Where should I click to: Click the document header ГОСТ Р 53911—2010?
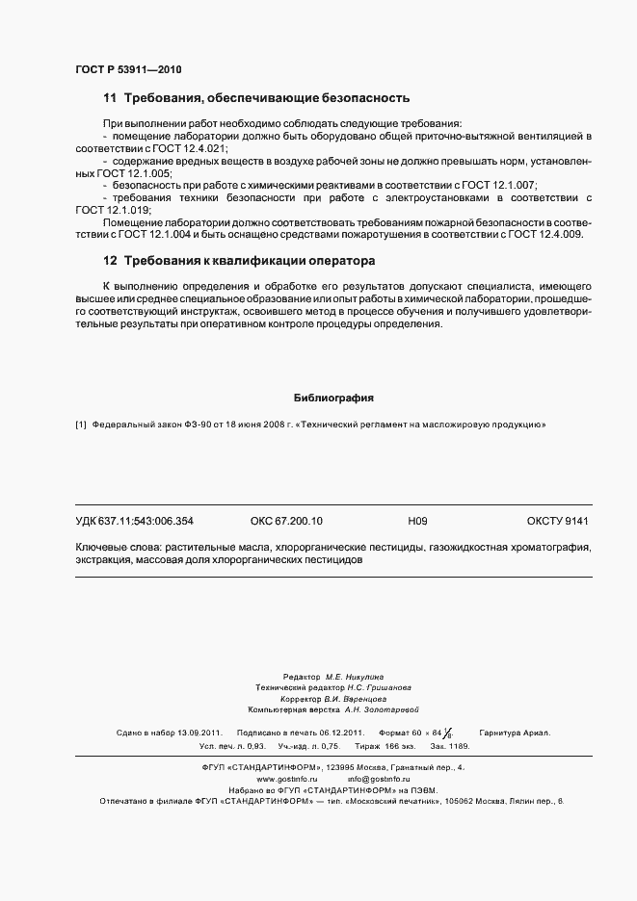[x=127, y=71]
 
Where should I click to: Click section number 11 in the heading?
[x=110, y=98]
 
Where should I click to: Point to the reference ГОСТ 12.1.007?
[x=501, y=185]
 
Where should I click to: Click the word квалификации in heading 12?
[x=253, y=261]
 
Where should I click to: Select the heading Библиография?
[x=332, y=398]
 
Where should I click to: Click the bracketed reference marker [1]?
[x=81, y=425]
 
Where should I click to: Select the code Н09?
[x=417, y=521]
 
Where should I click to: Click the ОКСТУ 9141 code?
[x=557, y=521]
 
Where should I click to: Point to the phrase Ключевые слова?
[x=116, y=547]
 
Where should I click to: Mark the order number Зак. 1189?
[x=450, y=746]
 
